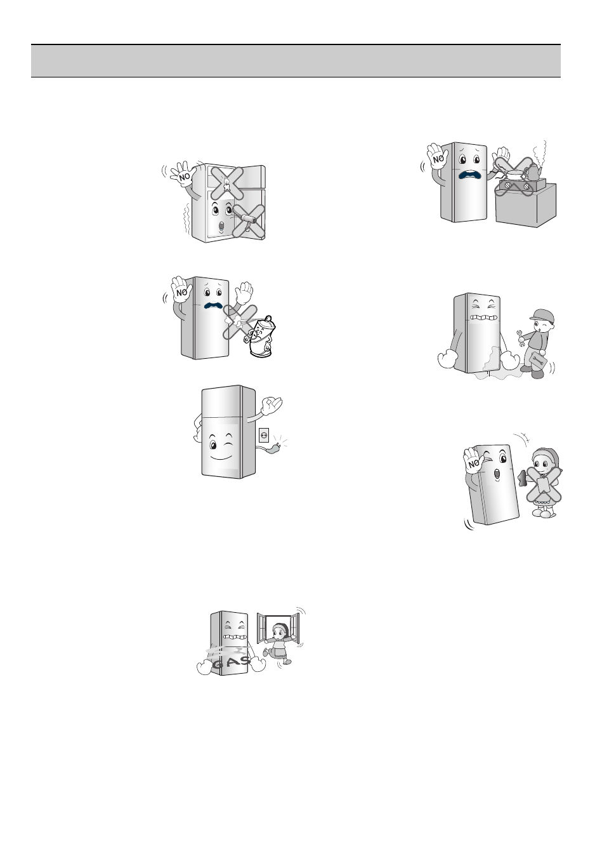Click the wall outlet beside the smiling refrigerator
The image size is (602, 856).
264,435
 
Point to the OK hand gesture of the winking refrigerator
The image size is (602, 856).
272,404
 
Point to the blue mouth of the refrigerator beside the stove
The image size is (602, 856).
471,175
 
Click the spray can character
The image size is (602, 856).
262,337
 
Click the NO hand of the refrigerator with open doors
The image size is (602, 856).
185,177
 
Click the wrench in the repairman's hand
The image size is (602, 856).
522,335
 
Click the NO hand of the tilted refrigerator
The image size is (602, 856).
474,462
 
